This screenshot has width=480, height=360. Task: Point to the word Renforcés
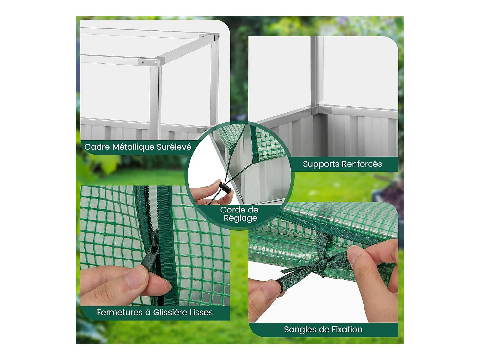(362, 164)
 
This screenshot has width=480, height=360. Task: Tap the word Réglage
(240, 218)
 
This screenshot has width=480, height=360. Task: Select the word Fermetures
(120, 312)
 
